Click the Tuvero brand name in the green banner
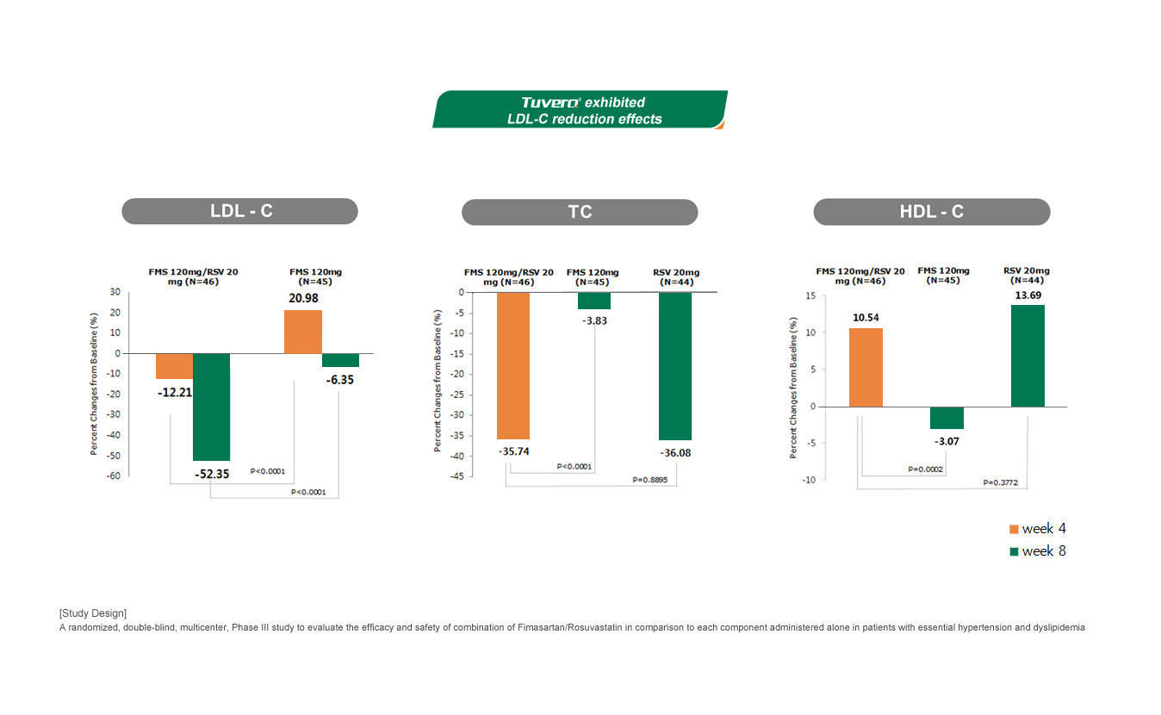[x=550, y=103]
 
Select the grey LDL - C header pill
[x=239, y=211]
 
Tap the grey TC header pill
[x=580, y=212]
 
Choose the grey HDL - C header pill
[x=931, y=212]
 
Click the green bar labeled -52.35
[x=211, y=407]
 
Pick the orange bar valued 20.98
[x=302, y=332]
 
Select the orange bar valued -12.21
[x=174, y=366]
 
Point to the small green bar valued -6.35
[x=340, y=360]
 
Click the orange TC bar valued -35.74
[x=513, y=365]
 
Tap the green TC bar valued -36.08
[x=675, y=365]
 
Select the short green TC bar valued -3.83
[x=593, y=301]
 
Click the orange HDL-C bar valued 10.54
[x=866, y=367]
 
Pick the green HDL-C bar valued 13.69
[x=1028, y=356]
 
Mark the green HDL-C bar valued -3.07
[x=947, y=418]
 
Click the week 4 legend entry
[x=1038, y=529]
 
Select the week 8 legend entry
[x=1038, y=551]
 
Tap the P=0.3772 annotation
[x=1001, y=483]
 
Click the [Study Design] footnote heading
[x=93, y=613]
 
